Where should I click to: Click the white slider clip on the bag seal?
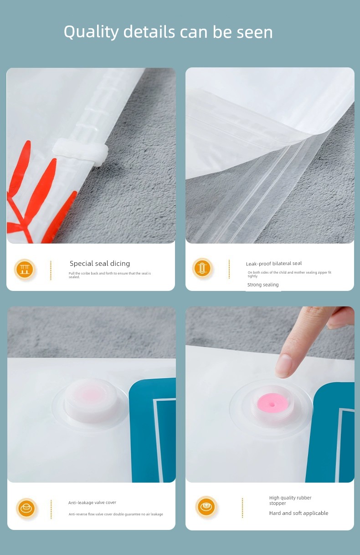tap(81, 152)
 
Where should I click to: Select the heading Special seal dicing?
tap(100, 263)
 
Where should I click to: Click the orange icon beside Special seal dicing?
tap(25, 270)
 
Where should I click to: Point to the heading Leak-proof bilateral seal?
tap(274, 264)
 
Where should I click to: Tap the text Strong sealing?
tap(263, 285)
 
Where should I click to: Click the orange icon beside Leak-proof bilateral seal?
tap(202, 268)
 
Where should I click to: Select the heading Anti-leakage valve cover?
tap(92, 503)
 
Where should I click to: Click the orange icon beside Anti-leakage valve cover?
tap(26, 509)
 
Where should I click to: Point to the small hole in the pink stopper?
tap(273, 404)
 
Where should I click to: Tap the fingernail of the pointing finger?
tap(283, 366)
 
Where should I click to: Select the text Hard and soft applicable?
tap(298, 513)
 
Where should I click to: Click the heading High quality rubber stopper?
tap(290, 500)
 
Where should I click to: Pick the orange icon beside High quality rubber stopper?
tap(206, 506)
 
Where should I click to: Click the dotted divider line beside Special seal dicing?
tap(51, 270)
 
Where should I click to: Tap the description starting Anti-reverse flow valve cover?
tap(116, 514)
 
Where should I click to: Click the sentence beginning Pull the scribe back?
tap(109, 275)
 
